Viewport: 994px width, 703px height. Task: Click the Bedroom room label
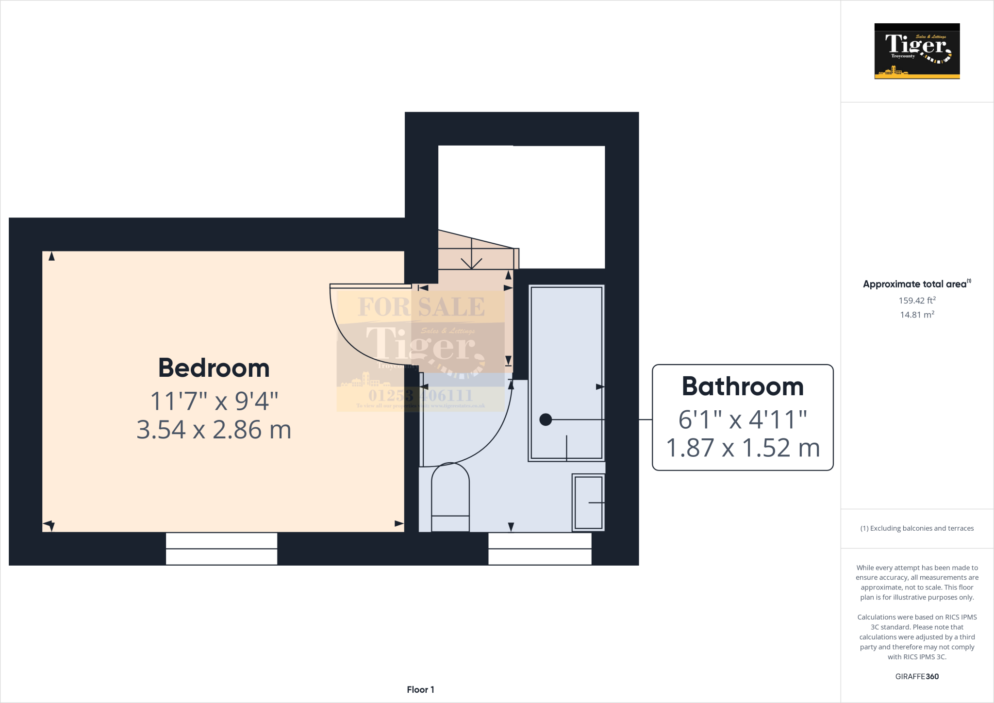click(214, 368)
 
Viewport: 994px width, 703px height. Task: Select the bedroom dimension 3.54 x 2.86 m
click(214, 430)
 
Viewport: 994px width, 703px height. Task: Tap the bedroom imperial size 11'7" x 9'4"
click(214, 401)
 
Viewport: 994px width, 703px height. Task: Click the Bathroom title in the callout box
click(743, 386)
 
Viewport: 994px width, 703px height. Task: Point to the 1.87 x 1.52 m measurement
click(743, 448)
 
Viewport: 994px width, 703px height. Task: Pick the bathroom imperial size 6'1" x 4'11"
click(743, 419)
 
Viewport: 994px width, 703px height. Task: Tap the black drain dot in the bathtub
click(546, 419)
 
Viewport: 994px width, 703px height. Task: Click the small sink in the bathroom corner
click(588, 502)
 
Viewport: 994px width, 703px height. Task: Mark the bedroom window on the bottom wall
click(221, 549)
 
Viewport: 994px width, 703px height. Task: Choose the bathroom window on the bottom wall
click(540, 549)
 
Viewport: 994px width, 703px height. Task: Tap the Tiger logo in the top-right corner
click(917, 51)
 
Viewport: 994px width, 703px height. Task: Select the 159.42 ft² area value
click(917, 301)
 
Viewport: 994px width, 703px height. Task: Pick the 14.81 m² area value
click(917, 315)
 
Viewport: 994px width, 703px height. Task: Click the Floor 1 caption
click(420, 689)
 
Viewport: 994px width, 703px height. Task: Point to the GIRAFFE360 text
click(917, 676)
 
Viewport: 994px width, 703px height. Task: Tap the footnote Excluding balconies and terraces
click(917, 528)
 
